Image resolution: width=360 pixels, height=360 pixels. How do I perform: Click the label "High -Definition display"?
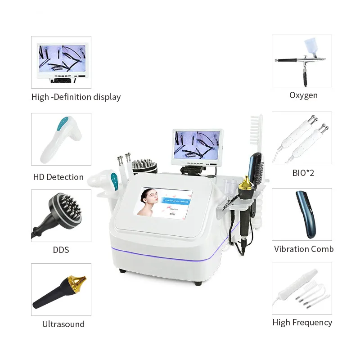coord(76,97)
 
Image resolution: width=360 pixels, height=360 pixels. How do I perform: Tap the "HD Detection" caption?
coord(58,177)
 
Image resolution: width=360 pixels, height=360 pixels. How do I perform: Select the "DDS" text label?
coord(61,249)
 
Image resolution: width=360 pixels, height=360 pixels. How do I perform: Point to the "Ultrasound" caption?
coord(63,324)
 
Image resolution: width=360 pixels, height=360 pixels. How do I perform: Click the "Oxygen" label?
coord(303,95)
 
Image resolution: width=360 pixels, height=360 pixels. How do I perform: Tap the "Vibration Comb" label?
coord(304,249)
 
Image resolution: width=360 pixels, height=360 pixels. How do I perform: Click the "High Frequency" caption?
coord(302,322)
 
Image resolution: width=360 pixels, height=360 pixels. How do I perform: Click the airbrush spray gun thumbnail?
coord(301,61)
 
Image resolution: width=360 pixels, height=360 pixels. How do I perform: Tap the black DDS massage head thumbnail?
coord(61,215)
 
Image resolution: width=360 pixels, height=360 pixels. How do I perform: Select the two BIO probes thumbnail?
coord(301,137)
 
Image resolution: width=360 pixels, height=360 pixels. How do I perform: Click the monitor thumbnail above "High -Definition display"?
coord(61,62)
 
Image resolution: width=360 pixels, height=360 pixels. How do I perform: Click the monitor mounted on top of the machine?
coord(197,145)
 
